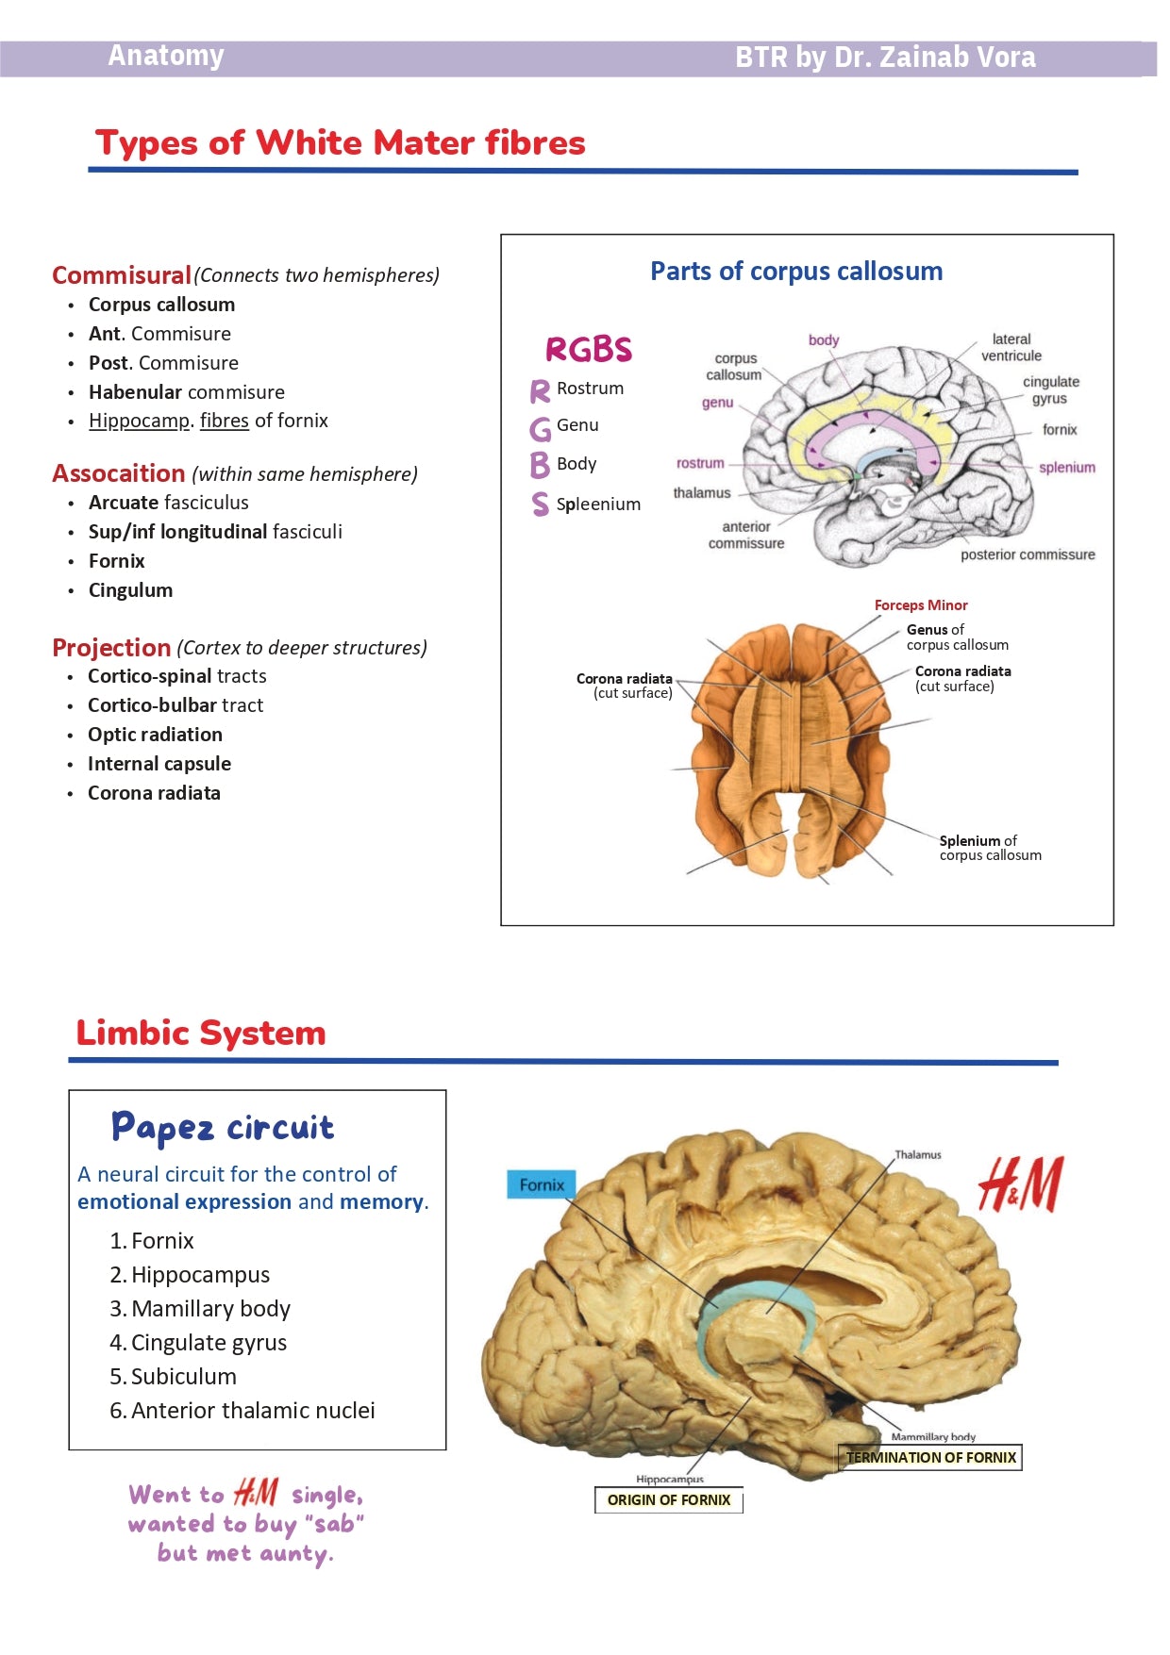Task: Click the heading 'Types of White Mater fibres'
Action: [x=340, y=143]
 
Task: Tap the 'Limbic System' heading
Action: [x=201, y=1033]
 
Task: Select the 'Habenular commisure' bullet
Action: [x=186, y=392]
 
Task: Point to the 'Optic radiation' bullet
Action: [x=155, y=735]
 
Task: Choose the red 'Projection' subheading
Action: [x=111, y=648]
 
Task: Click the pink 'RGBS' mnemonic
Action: [x=588, y=350]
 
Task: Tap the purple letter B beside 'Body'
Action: [x=540, y=465]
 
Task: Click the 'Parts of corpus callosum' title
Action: [x=796, y=272]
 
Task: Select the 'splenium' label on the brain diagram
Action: [x=1066, y=468]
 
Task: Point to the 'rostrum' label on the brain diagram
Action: [x=700, y=463]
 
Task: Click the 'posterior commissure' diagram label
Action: [x=1028, y=554]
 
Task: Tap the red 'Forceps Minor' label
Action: [x=921, y=605]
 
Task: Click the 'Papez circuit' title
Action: [x=223, y=1128]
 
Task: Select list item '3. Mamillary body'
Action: [x=200, y=1309]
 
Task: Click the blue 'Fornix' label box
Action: [x=542, y=1185]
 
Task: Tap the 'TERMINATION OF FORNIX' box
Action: [x=930, y=1458]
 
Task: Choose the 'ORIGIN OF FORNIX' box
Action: [x=669, y=1500]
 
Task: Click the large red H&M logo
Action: [x=1020, y=1184]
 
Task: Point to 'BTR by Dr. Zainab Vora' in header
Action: [x=885, y=58]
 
